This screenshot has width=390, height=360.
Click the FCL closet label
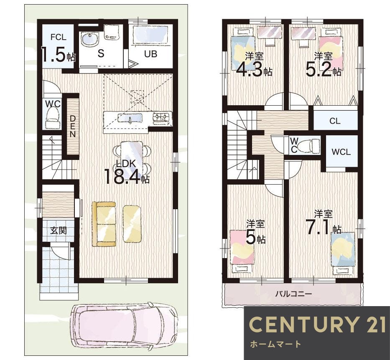tap(59, 37)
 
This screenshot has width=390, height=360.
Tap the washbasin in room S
tap(90, 39)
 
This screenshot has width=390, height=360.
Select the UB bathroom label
tap(151, 53)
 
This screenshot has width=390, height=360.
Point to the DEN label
tap(72, 126)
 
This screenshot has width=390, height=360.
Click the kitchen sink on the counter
tap(130, 118)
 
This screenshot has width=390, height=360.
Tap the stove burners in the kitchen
tap(162, 117)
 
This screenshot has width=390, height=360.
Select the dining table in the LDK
tap(132, 158)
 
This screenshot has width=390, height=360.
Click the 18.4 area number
tap(122, 177)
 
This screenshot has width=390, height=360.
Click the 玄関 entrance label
tap(59, 230)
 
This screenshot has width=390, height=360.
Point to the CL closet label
tap(335, 121)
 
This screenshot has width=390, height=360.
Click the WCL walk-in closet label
tap(341, 152)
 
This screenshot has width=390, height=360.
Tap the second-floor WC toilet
tap(308, 145)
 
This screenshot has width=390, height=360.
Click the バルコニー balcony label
tap(293, 294)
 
